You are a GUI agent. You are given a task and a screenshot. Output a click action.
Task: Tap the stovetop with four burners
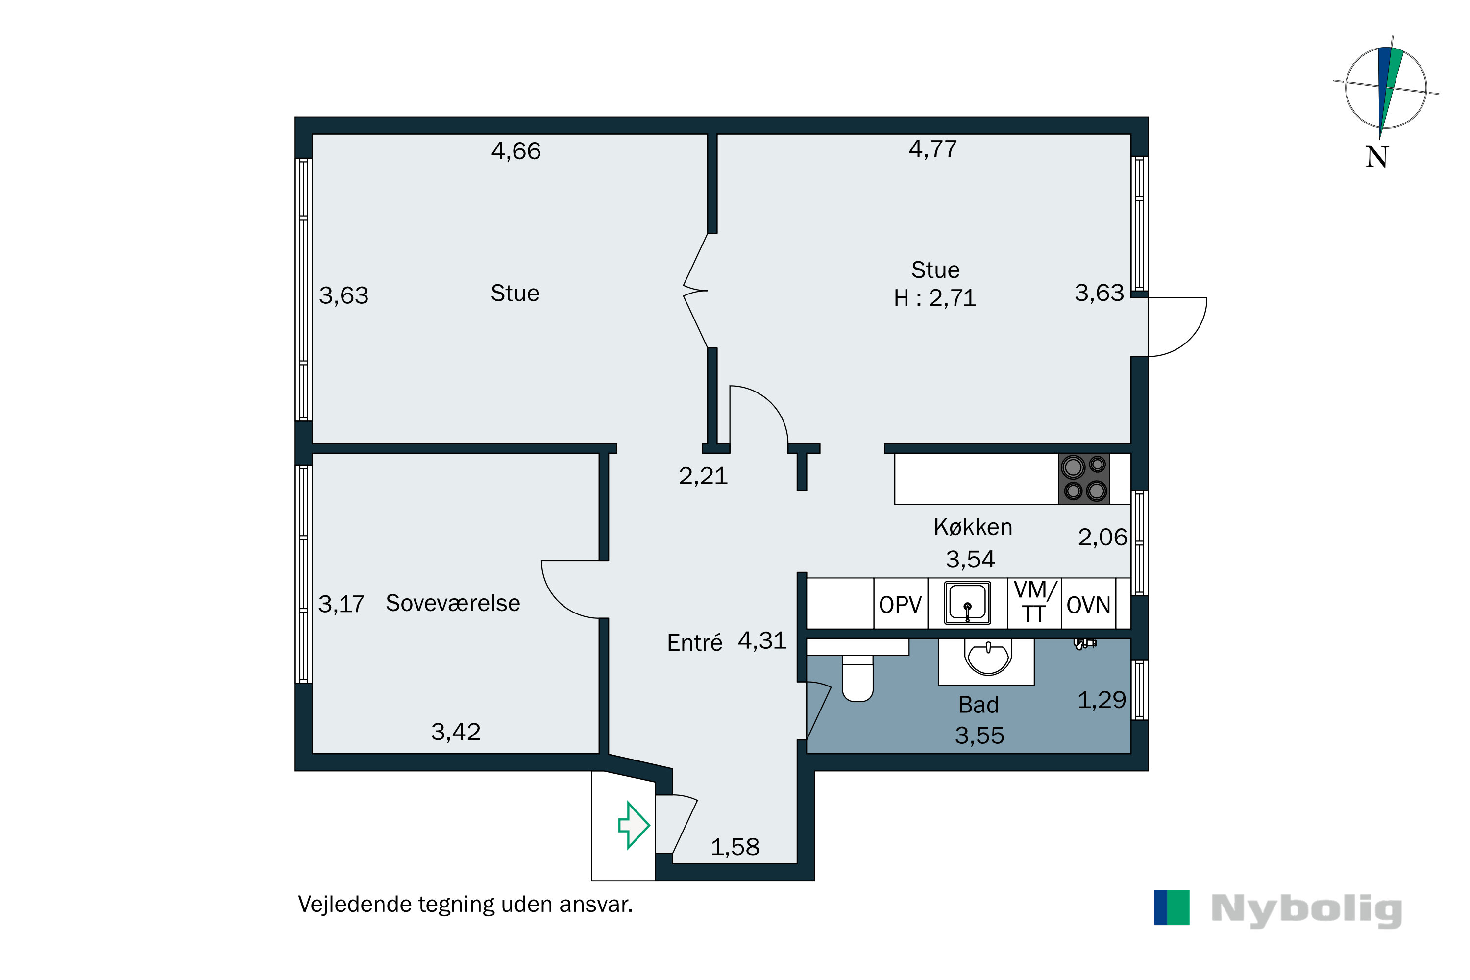pyautogui.click(x=1084, y=479)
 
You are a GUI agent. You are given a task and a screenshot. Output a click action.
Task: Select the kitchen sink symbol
pyautogui.click(x=967, y=603)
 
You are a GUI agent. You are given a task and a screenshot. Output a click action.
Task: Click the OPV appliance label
pyautogui.click(x=900, y=605)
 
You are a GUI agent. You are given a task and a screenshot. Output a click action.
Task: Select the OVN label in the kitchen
pyautogui.click(x=1088, y=605)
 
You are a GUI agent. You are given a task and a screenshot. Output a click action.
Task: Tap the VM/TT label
pyautogui.click(x=1034, y=602)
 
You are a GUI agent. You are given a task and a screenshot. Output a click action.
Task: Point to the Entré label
pyautogui.click(x=694, y=643)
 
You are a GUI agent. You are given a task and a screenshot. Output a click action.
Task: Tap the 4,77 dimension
pyautogui.click(x=932, y=149)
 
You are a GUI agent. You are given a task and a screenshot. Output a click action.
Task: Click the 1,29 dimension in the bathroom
pyautogui.click(x=1101, y=700)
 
